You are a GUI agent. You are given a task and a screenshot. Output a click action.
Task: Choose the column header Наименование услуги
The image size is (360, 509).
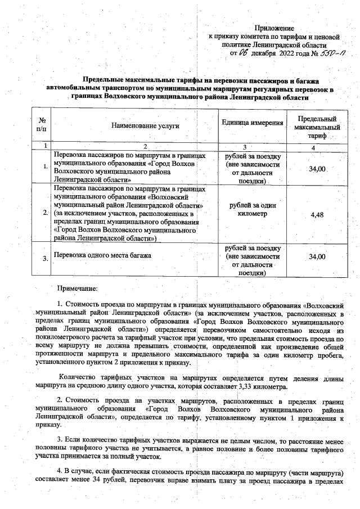(137, 127)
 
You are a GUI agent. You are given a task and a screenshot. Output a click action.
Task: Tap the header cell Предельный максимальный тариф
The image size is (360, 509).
(317, 128)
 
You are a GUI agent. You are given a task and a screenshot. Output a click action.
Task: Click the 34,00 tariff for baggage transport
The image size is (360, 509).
(317, 257)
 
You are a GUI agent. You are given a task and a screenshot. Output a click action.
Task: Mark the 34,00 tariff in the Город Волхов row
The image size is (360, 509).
(317, 169)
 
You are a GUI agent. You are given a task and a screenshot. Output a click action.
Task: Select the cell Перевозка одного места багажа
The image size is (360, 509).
(102, 257)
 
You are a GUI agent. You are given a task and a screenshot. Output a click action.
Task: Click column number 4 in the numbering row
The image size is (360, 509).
(317, 146)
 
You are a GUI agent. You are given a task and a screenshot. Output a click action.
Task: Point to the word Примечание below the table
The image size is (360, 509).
(77, 288)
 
